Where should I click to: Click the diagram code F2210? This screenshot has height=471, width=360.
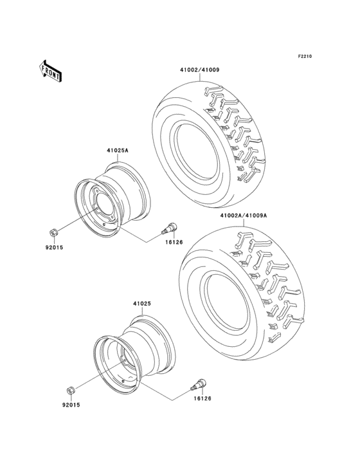(x=304, y=57)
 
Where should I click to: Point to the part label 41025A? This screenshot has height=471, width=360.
(x=118, y=151)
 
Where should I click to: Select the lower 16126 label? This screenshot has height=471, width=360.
(x=202, y=399)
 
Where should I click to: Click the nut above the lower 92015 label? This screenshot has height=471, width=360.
(x=71, y=389)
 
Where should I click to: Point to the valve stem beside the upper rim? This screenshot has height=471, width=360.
(x=172, y=228)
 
